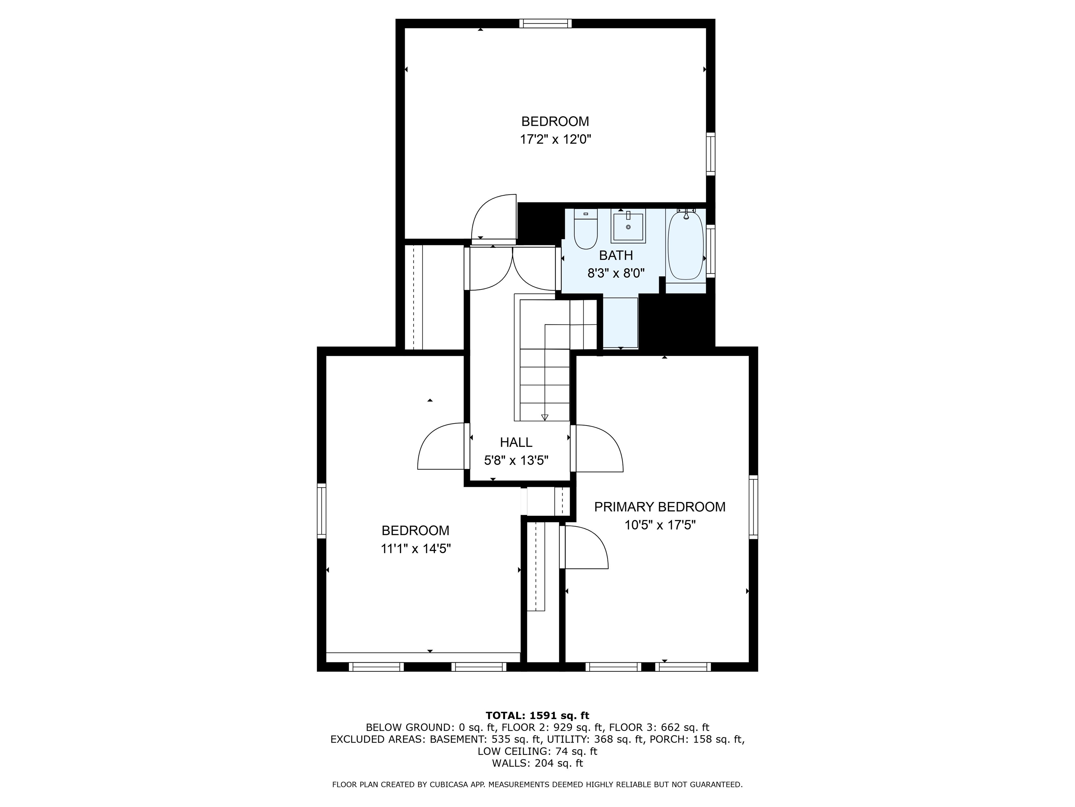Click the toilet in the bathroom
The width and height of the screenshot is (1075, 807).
click(585, 230)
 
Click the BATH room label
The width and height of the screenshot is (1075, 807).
click(616, 255)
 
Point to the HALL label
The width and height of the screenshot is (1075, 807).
click(516, 442)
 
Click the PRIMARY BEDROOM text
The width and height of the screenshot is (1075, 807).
click(660, 507)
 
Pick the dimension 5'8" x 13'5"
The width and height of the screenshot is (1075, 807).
click(516, 460)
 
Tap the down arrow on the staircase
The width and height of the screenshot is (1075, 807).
click(544, 417)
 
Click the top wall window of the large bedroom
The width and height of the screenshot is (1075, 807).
click(545, 23)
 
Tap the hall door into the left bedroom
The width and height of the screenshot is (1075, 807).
click(441, 447)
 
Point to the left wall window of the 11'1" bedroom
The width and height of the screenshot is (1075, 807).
click(321, 510)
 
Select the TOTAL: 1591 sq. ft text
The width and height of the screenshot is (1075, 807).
click(537, 716)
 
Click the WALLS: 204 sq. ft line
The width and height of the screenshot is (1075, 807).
click(537, 763)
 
